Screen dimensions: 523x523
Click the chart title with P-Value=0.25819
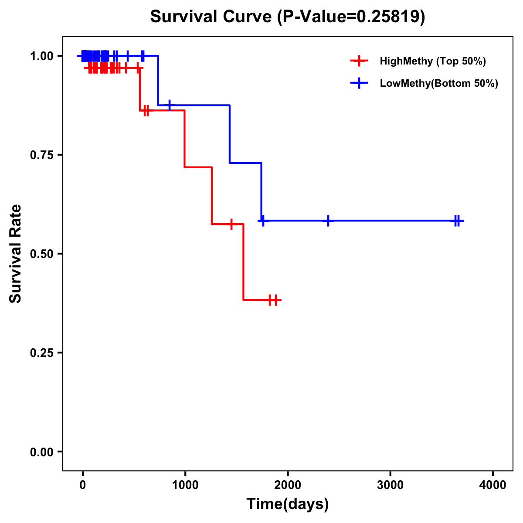(287, 17)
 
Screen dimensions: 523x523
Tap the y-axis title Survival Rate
(16, 253)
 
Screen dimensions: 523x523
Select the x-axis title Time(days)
(287, 504)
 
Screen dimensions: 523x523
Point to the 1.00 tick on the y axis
(42, 56)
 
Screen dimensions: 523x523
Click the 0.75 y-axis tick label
(42, 155)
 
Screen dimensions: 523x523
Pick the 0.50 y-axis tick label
(42, 254)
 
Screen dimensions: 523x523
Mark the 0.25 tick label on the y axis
(42, 353)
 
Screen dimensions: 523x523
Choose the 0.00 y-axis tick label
(42, 452)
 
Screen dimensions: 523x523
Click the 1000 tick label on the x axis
(185, 485)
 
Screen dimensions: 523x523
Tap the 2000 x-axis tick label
(288, 485)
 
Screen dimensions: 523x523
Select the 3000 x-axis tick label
(390, 485)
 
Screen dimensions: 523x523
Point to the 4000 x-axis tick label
(493, 485)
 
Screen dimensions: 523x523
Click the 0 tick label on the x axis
(82, 485)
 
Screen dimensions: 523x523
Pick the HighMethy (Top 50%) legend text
(432, 61)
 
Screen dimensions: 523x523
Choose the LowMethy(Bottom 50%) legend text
(439, 83)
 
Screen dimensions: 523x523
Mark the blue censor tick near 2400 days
(328, 221)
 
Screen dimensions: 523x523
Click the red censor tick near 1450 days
(231, 224)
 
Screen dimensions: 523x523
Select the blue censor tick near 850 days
(170, 105)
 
